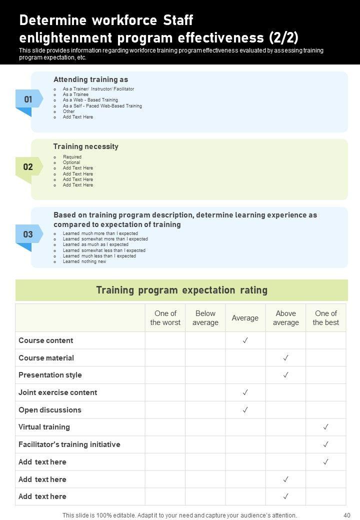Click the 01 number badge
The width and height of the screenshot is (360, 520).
28,99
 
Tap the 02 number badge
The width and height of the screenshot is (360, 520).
28,167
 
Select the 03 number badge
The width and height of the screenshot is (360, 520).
28,234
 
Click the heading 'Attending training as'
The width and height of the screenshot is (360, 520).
90,79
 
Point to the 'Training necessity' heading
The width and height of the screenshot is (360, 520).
86,146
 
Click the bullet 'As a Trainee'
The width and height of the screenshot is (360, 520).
75,94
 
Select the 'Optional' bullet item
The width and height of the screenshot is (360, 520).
71,162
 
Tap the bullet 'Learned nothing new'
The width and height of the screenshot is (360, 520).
84,261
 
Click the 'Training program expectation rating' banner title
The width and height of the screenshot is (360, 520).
181,290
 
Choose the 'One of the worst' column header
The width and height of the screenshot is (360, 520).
165,318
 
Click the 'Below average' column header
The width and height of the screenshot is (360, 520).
205,318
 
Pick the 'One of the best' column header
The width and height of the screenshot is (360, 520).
325,318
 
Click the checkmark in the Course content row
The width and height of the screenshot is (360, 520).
245,340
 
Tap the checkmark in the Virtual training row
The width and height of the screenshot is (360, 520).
325,427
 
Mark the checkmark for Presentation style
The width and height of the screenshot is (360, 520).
285,375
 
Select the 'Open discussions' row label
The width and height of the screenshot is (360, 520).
50,410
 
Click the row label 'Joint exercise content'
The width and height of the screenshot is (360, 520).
58,392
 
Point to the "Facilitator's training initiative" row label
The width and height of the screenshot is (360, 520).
69,444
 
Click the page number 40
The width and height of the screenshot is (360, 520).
347,515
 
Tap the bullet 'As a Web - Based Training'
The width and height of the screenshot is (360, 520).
90,100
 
